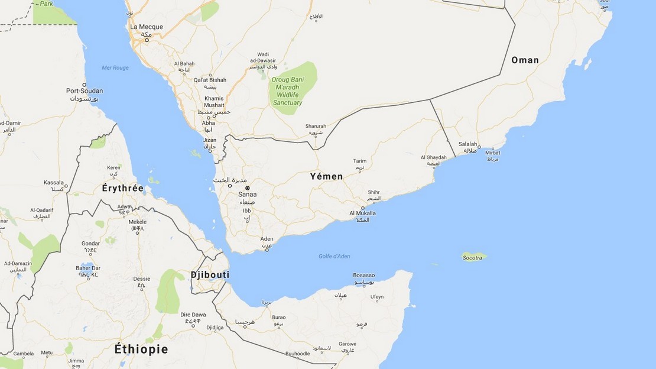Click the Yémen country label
tap(326, 176)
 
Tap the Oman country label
tap(525, 60)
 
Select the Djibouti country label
tap(210, 274)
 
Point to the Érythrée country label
tap(123, 188)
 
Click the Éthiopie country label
tap(141, 349)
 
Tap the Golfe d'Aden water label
tap(334, 255)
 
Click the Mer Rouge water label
tap(115, 68)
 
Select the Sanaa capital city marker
tap(248, 188)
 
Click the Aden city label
tap(267, 239)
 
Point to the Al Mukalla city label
tap(363, 213)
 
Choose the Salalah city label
tap(468, 144)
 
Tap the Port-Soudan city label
tap(85, 90)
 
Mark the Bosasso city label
tap(364, 275)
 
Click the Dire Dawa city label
tap(193, 315)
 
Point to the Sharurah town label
tap(316, 126)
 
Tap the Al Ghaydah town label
tap(433, 157)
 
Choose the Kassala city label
tap(54, 182)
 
